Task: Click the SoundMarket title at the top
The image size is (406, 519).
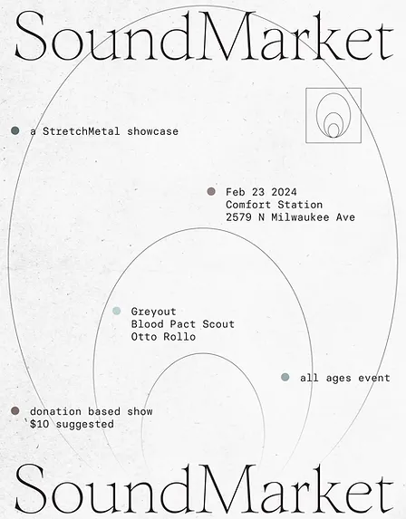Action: pos(204,35)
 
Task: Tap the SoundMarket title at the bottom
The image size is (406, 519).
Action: pos(204,488)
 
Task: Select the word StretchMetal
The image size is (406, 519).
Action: pos(82,131)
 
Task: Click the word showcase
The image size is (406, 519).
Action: pos(152,131)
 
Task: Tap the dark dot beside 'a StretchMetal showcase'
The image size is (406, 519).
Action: pos(14,130)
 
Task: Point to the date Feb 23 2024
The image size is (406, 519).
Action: pos(261,192)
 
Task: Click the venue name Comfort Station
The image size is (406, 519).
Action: pos(275,205)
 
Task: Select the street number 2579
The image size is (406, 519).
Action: pos(238,217)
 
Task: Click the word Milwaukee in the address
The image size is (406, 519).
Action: pos(300,217)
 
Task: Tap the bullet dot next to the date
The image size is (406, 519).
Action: pos(211,191)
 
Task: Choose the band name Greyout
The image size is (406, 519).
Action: pos(154,312)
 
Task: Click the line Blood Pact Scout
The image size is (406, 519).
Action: pos(183,324)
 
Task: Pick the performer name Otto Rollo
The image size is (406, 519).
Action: pos(163,337)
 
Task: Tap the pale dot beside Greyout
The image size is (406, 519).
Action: pos(117,311)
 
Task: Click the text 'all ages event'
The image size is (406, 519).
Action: pos(345,378)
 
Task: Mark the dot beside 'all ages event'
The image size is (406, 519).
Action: pos(285,377)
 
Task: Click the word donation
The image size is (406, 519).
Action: pos(55,411)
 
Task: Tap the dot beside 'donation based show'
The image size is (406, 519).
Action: pos(14,411)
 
